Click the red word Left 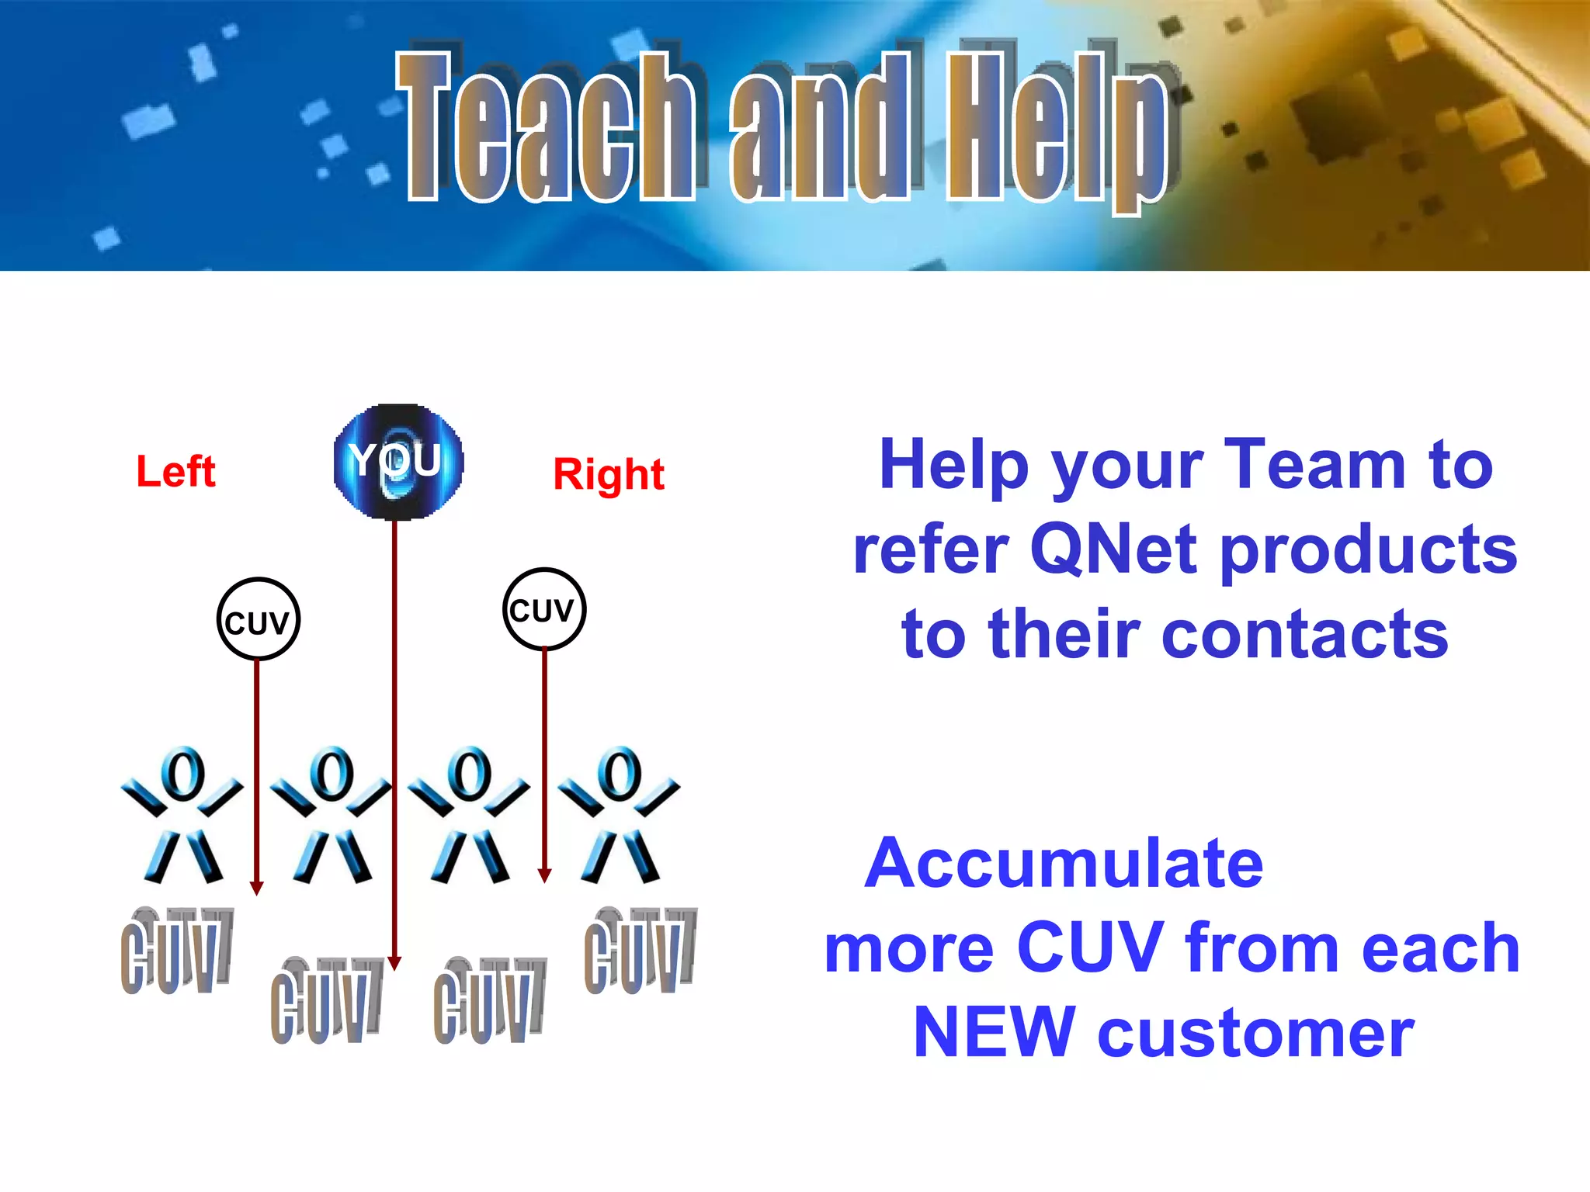coord(175,471)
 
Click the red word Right coord(609,474)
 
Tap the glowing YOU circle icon coord(398,462)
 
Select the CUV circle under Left coord(258,620)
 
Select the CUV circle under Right coord(543,609)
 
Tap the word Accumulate coord(1064,863)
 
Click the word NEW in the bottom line coord(994,1032)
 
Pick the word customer coord(1255,1034)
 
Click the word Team coord(1314,464)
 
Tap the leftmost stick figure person coord(182,815)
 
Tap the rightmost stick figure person coord(620,815)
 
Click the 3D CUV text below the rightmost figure coord(640,951)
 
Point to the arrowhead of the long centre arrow coord(394,963)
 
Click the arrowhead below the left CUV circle coord(257,889)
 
